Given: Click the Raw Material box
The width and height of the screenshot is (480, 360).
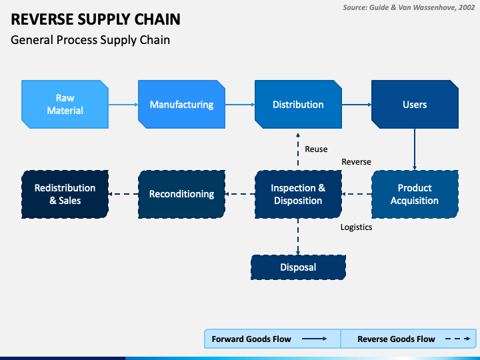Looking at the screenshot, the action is pos(65,105).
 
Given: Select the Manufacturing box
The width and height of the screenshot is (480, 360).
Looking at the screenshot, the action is pos(181,105).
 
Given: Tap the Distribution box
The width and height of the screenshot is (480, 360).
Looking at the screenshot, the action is pos(298,105).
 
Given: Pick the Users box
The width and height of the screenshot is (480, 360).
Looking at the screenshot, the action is pos(415,105).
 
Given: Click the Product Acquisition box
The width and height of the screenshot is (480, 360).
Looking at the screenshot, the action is pos(415,194).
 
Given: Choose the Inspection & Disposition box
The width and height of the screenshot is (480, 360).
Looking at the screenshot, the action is pos(298,194).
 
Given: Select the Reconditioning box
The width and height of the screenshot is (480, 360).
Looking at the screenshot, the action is pos(181,194).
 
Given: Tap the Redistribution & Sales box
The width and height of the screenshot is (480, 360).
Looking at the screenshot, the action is pos(65,194).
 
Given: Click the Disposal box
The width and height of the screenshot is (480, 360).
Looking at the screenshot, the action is pos(298,267).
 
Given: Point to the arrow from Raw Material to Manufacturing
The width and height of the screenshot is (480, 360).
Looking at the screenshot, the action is pos(123,105).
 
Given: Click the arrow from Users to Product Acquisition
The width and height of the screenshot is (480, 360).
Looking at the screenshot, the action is pos(415,149).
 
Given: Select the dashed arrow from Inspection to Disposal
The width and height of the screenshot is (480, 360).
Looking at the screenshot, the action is pos(298,237).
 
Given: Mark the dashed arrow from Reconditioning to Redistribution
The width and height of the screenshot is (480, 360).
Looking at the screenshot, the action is pos(123,194).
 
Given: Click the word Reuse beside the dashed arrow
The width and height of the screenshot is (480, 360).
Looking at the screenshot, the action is pos(316,149).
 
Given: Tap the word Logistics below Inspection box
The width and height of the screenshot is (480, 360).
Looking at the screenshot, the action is pos(356,227).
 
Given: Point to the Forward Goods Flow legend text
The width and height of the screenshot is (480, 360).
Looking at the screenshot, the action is pos(251,339).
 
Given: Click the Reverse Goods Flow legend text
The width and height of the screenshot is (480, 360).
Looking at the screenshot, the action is pos(396,339).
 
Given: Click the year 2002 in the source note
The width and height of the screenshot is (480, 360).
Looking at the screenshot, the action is pos(467,7).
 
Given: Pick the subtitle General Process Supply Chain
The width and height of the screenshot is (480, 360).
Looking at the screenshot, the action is pos(90,40).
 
